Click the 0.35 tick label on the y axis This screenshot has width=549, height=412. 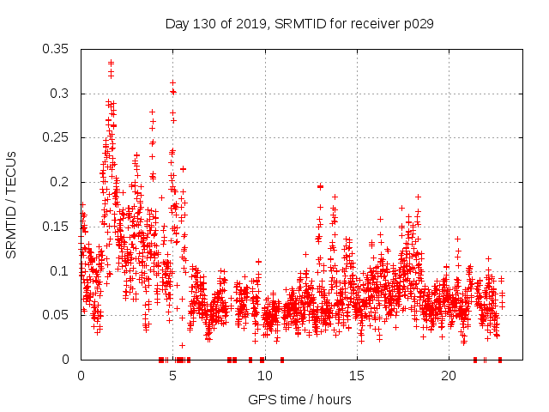point(58,49)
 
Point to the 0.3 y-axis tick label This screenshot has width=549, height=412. point(62,94)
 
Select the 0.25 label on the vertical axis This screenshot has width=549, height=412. point(58,137)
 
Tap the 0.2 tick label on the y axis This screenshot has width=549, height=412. point(62,182)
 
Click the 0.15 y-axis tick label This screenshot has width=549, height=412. point(58,227)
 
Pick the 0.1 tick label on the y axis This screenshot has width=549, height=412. point(62,271)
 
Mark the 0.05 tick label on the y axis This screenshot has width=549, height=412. point(58,315)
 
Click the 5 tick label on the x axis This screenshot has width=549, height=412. point(172,376)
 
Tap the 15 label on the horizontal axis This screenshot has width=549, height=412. point(357,376)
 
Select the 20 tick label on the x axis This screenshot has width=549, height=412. point(449,376)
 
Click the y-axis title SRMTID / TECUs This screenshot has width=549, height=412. point(12,203)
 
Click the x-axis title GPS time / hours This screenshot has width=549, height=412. point(299,399)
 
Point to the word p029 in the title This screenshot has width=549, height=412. point(418,24)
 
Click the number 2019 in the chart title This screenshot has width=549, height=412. point(252,24)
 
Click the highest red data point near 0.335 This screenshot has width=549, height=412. point(112,63)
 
